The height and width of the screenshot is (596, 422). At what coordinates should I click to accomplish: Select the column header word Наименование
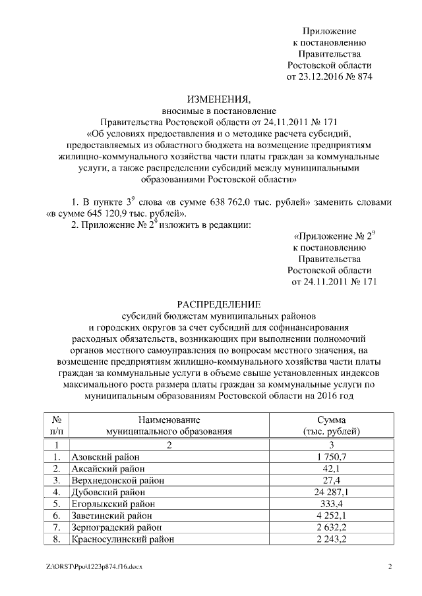(x=169, y=420)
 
